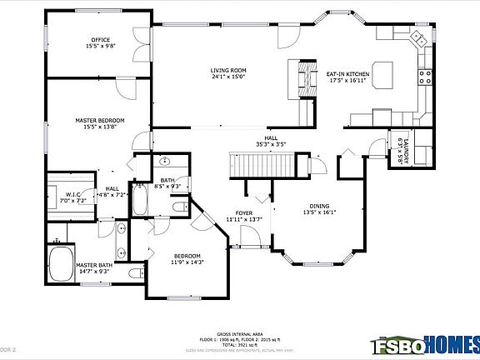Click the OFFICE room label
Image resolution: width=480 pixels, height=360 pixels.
101,43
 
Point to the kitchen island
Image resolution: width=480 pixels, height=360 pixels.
384,73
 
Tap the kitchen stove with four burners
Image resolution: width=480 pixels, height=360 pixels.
427,79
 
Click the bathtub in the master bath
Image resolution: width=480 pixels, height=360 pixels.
61,264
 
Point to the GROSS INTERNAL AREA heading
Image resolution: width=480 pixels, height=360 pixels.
239,332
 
